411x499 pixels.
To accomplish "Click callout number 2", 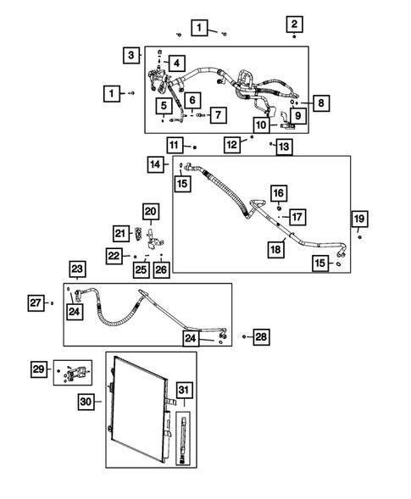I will [293, 24].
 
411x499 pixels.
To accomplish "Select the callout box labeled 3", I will [130, 55].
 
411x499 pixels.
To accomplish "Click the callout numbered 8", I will [321, 103].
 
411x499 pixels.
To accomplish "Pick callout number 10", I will [260, 125].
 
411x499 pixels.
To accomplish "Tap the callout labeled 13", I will [283, 147].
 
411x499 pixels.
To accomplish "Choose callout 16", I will [278, 193].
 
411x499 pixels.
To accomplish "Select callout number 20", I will [150, 211].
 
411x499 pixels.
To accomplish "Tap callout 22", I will [114, 255].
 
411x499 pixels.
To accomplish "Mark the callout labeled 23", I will [76, 269].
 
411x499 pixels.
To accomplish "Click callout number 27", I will [34, 302].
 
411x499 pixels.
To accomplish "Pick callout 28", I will [260, 337].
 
